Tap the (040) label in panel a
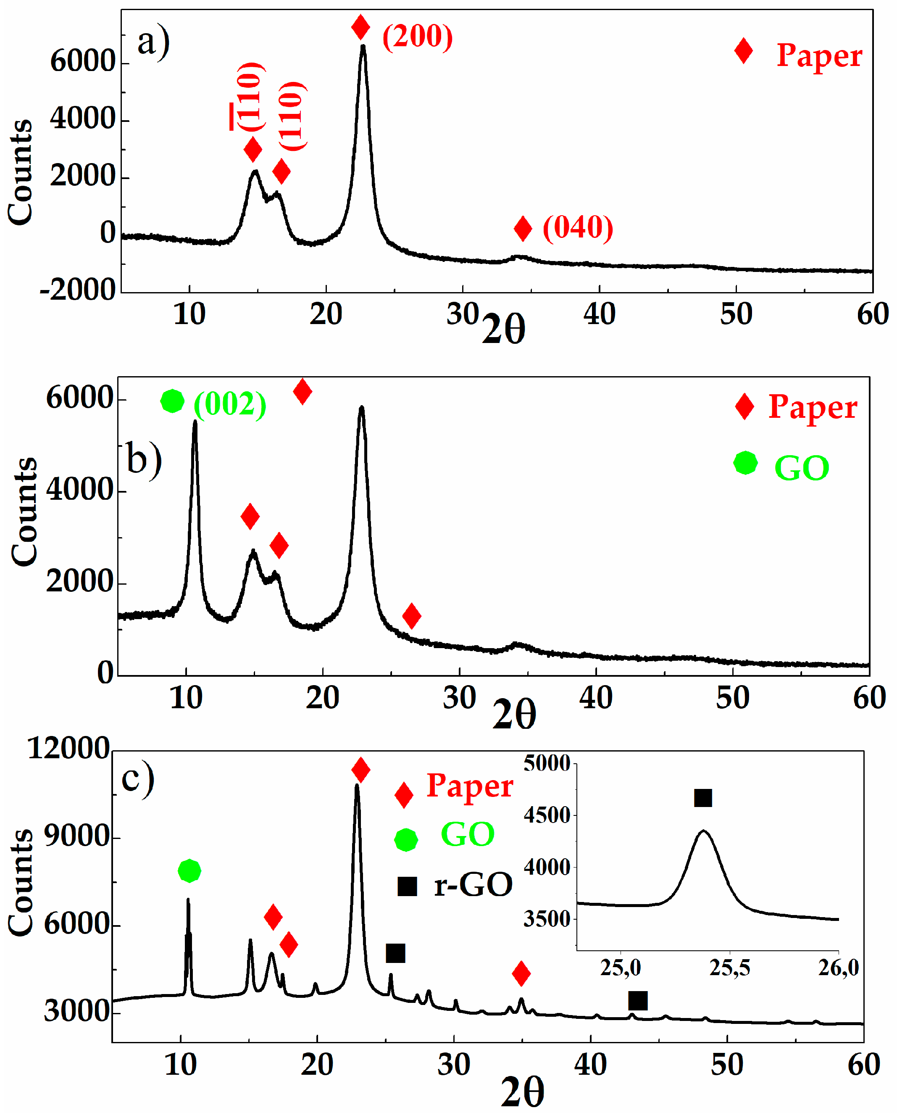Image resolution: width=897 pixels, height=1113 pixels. point(578,227)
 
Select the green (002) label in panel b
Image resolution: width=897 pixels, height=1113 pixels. point(230,404)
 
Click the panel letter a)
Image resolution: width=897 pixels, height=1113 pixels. point(153,42)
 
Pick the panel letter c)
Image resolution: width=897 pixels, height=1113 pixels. point(137,778)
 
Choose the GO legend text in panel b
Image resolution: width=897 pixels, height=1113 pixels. point(801,468)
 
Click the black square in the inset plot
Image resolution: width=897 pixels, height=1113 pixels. point(703,798)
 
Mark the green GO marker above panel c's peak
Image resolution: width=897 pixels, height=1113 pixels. point(189,870)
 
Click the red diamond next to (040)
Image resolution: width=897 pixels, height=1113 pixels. point(523,229)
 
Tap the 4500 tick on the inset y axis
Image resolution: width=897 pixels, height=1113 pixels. point(547,815)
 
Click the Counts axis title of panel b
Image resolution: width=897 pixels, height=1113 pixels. point(24,512)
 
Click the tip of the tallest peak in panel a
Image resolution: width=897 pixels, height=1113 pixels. point(363,47)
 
